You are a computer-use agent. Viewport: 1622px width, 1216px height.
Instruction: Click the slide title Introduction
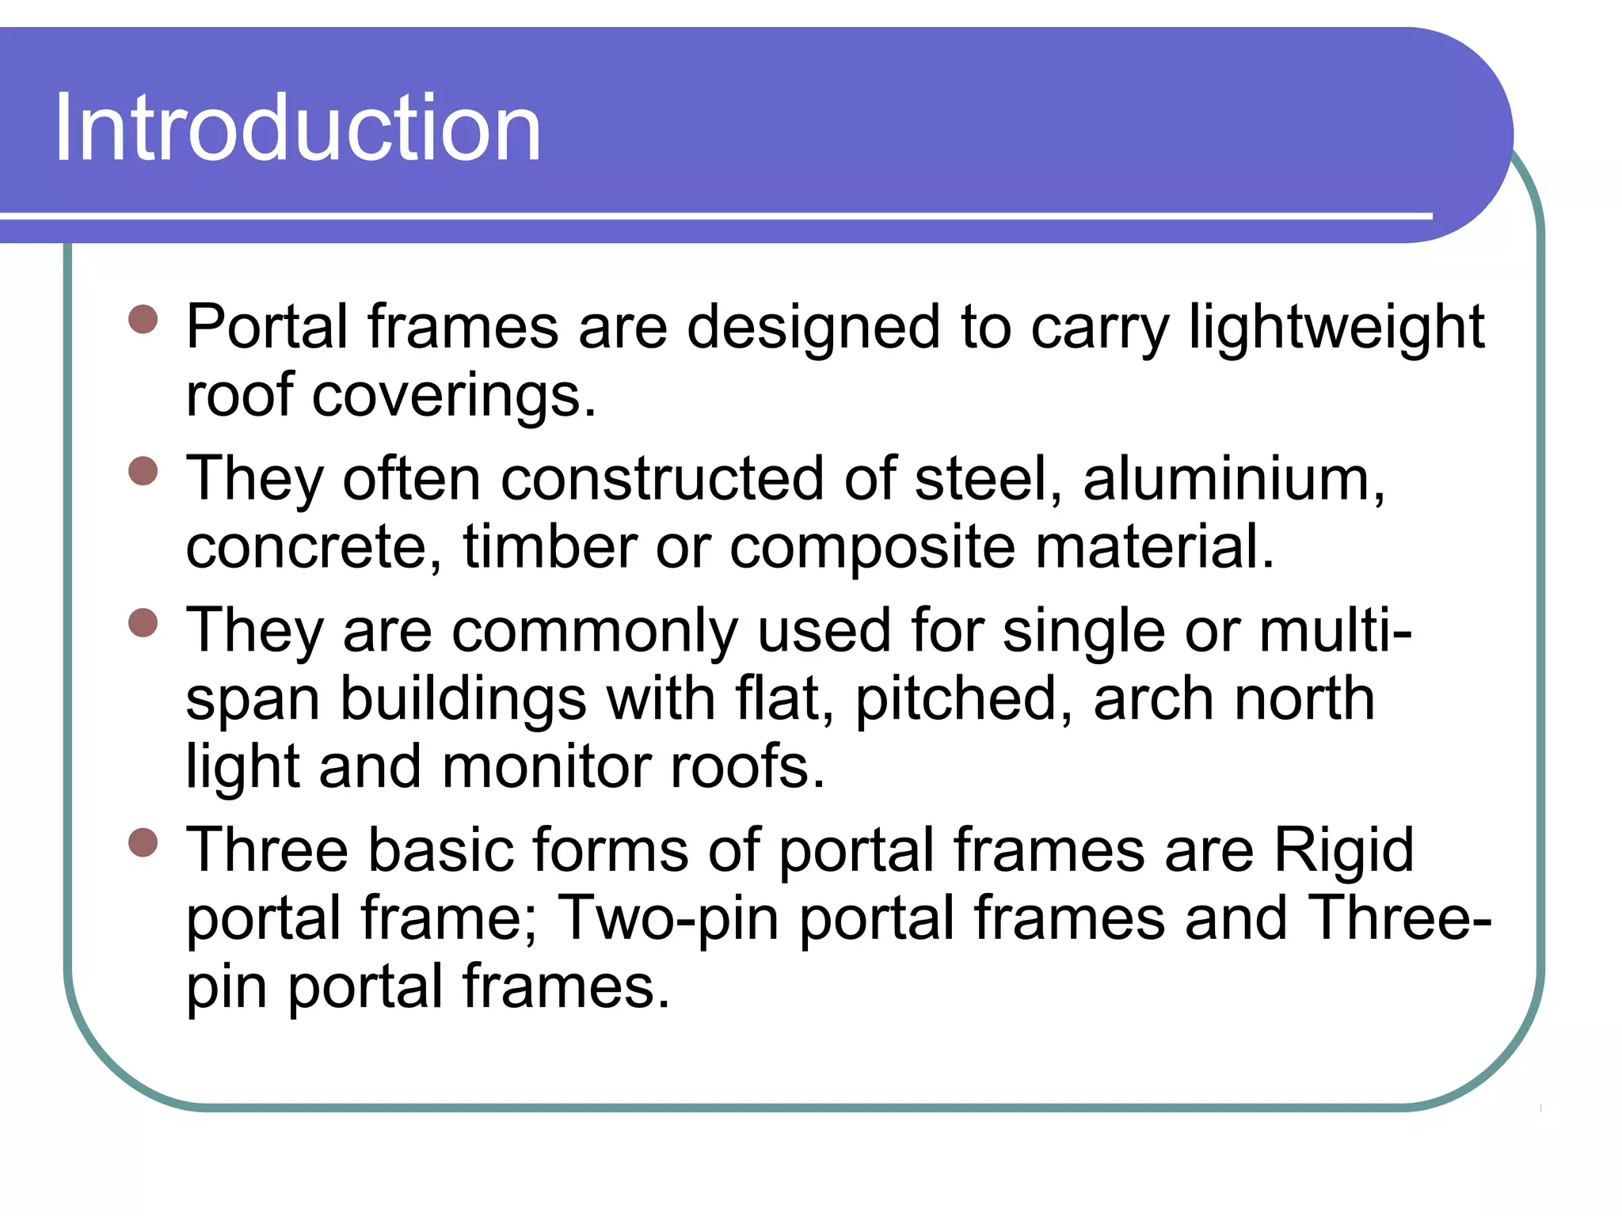click(x=298, y=127)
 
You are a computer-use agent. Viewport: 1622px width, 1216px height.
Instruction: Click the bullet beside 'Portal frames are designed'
click(x=143, y=320)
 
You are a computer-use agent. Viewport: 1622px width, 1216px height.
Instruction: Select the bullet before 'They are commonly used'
click(x=143, y=622)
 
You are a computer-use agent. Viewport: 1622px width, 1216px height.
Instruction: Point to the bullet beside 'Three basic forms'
click(x=143, y=842)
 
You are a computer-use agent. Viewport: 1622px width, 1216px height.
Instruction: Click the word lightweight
click(x=1336, y=327)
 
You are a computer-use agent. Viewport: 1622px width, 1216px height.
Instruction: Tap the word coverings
click(x=453, y=395)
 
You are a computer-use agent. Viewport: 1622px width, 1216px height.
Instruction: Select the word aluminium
click(x=1233, y=479)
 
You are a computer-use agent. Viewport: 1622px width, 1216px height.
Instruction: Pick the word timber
click(x=550, y=547)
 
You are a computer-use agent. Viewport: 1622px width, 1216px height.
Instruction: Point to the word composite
click(x=872, y=547)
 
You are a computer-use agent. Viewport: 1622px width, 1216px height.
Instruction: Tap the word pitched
click(x=964, y=699)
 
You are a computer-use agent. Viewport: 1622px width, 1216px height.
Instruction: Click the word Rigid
click(x=1343, y=850)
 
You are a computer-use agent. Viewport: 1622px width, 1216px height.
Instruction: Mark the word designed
click(x=814, y=327)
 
